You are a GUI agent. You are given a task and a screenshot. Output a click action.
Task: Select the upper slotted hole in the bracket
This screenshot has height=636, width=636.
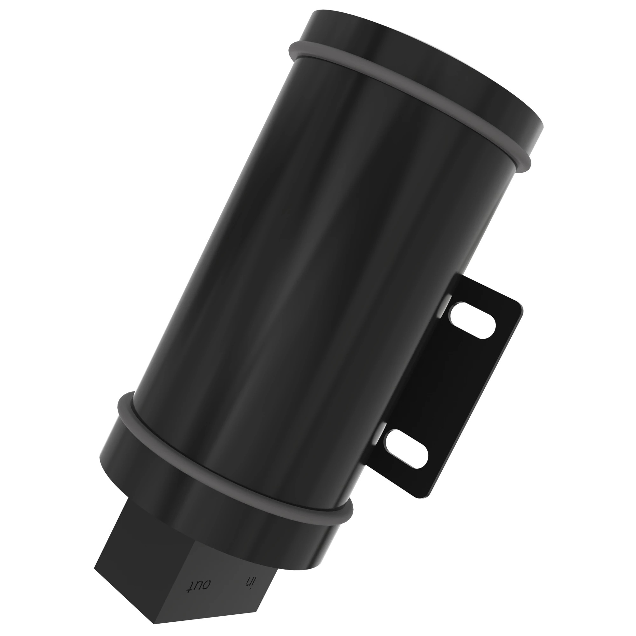471,321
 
